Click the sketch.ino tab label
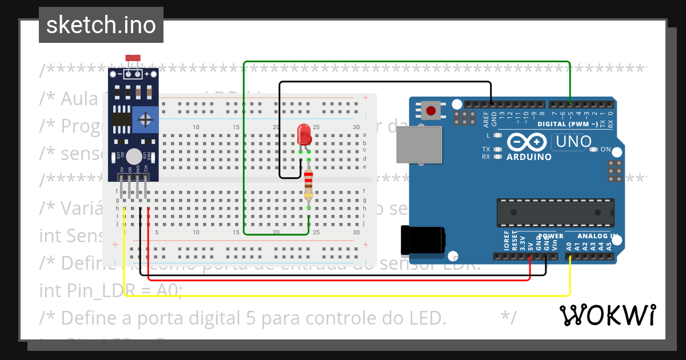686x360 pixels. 101,25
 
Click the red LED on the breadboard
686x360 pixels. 304,135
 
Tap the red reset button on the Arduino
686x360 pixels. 430,110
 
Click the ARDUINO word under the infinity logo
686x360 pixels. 529,157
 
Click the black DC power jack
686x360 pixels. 423,241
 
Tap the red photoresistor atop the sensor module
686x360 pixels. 133,58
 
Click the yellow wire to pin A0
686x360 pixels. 343,296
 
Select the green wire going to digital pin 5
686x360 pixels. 400,62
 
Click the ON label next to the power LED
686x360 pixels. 605,150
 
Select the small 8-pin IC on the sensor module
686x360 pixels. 121,118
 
